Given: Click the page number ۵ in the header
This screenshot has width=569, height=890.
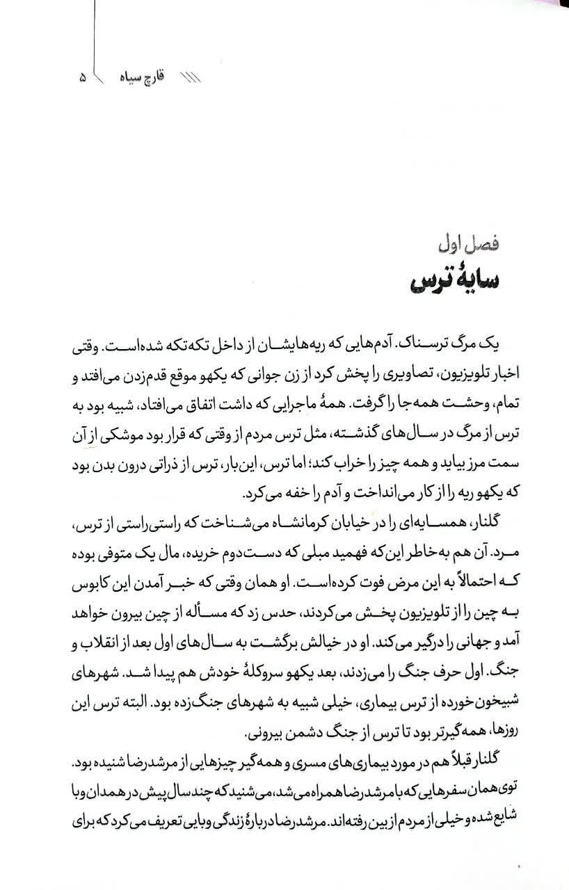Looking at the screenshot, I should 83,78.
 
